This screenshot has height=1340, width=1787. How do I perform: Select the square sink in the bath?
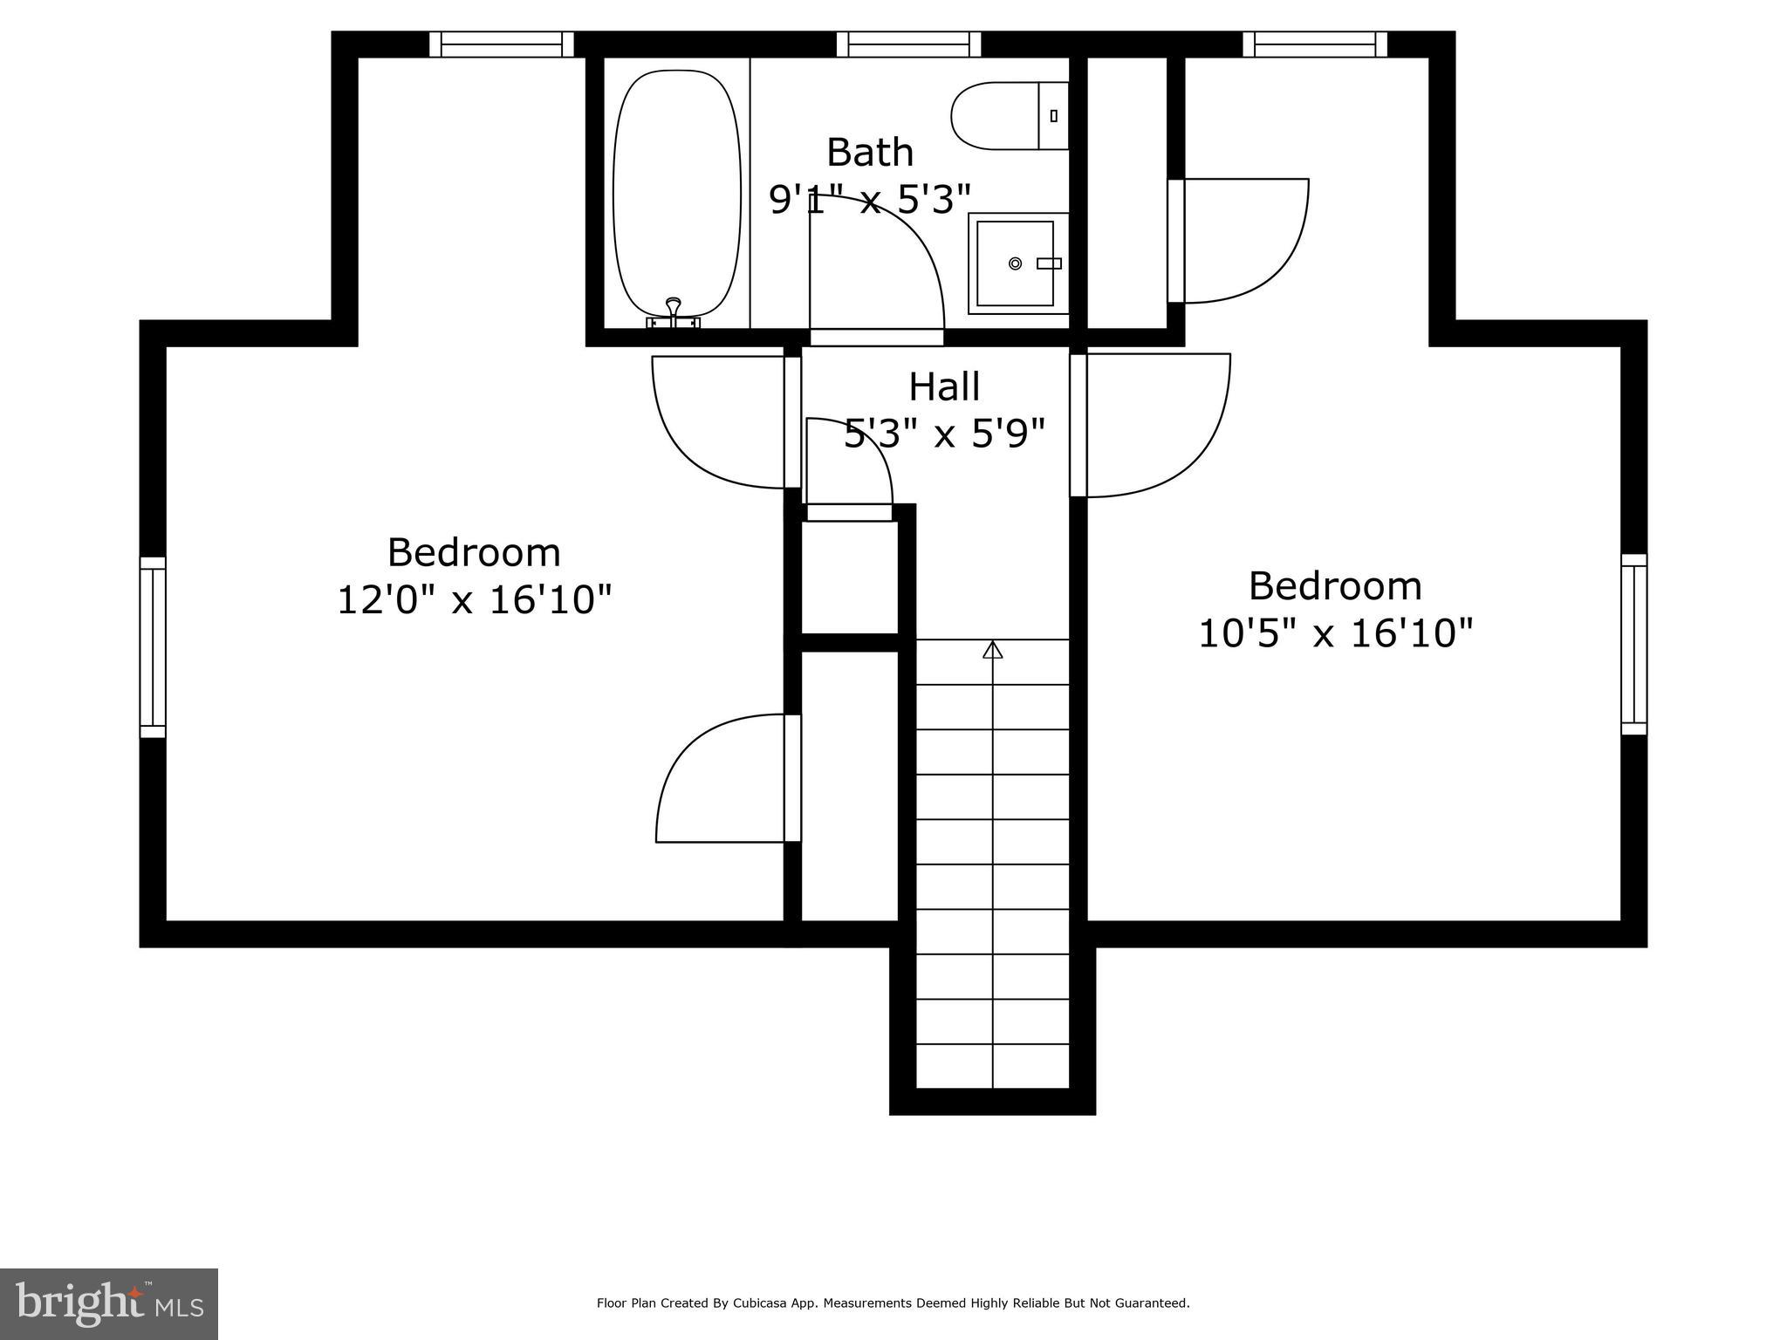pyautogui.click(x=1015, y=263)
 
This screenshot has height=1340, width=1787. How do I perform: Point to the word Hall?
pyautogui.click(x=944, y=386)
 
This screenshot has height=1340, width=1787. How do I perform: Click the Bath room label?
pyautogui.click(x=870, y=153)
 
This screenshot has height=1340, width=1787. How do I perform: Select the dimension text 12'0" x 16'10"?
pyautogui.click(x=474, y=600)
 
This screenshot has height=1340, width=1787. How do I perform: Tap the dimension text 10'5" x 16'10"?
pyautogui.click(x=1335, y=633)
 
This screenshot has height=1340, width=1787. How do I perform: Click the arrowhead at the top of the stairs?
pyautogui.click(x=992, y=650)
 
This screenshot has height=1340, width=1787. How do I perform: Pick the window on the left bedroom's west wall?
pyautogui.click(x=153, y=647)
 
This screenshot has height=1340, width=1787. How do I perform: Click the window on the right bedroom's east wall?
pyautogui.click(x=1633, y=644)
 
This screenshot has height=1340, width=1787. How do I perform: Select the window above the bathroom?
pyautogui.click(x=908, y=44)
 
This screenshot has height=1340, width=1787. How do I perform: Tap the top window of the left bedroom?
pyautogui.click(x=502, y=44)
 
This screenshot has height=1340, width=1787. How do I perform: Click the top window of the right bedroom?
pyautogui.click(x=1314, y=44)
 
